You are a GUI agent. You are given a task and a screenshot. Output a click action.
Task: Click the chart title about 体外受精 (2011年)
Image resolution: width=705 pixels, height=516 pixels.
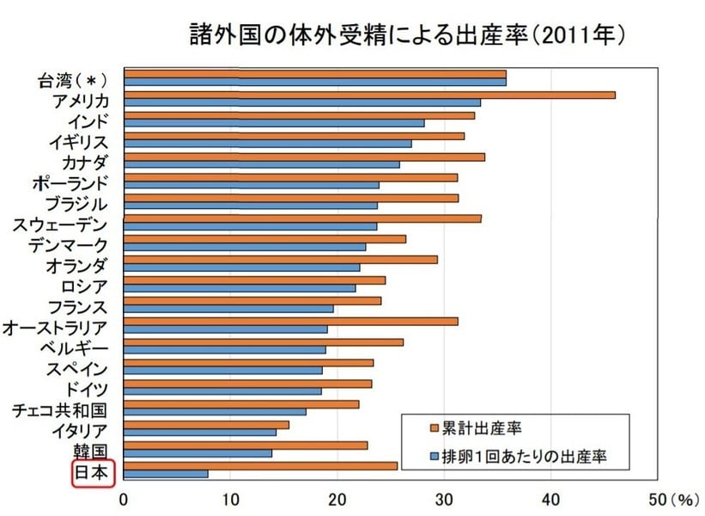point(404,35)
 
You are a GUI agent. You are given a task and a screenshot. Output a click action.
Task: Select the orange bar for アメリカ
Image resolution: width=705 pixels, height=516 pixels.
point(369,95)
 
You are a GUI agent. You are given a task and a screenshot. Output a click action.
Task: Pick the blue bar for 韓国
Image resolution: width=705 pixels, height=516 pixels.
point(198,453)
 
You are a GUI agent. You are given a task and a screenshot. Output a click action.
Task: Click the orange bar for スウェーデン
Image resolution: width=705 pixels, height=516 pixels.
point(302,218)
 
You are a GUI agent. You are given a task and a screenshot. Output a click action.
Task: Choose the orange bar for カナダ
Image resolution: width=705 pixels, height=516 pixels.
point(304,157)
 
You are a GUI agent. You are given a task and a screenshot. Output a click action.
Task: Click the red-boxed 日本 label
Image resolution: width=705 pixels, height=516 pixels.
point(92,473)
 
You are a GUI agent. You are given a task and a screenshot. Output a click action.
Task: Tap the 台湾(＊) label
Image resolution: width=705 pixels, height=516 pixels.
point(72,81)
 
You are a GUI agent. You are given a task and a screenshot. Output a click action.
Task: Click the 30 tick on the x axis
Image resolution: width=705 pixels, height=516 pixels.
point(444,498)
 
